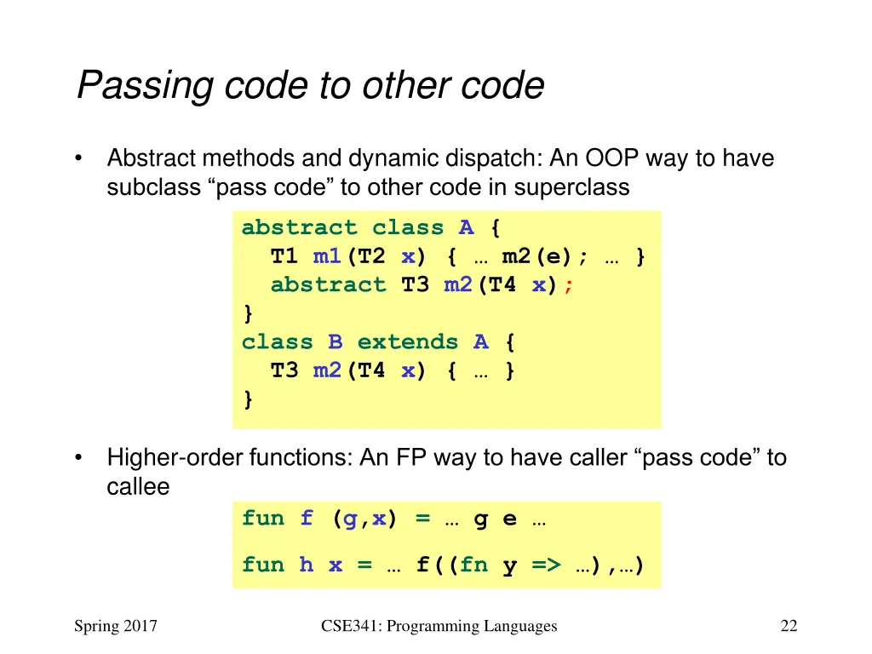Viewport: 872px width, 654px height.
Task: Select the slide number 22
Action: click(x=789, y=627)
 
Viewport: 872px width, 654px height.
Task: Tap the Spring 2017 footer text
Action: click(x=116, y=627)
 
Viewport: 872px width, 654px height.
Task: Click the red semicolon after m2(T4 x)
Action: click(x=569, y=285)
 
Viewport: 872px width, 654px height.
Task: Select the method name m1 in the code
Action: click(x=327, y=256)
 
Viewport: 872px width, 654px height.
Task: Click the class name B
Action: click(x=336, y=342)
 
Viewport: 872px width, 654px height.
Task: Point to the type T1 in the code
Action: click(x=284, y=256)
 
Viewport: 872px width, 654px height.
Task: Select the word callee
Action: click(x=138, y=487)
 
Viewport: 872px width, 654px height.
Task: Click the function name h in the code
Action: click(x=306, y=565)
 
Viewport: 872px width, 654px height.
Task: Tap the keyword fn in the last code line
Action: click(x=473, y=565)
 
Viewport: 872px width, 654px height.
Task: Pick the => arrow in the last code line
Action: click(x=546, y=565)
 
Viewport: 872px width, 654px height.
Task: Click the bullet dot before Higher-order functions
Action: click(x=78, y=458)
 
